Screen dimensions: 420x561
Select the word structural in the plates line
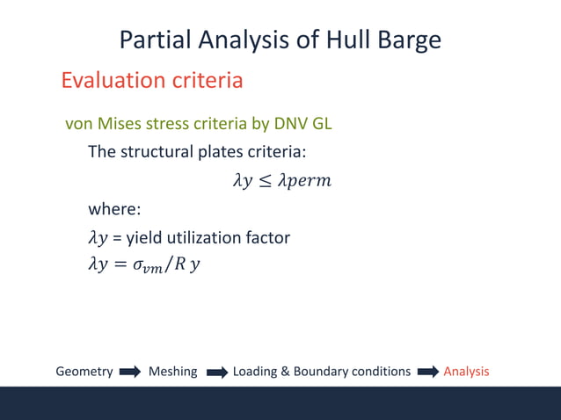(x=164, y=151)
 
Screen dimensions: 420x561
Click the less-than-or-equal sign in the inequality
(x=263, y=181)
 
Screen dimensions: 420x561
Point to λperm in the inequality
(x=304, y=181)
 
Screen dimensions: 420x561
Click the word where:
(x=114, y=209)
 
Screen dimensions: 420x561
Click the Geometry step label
(x=84, y=372)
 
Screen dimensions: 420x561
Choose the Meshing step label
(x=172, y=372)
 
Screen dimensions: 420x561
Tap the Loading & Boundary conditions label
(x=321, y=372)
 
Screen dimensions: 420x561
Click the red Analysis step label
(x=466, y=372)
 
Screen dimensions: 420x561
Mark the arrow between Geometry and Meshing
(x=130, y=372)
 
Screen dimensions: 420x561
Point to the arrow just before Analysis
(x=427, y=372)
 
